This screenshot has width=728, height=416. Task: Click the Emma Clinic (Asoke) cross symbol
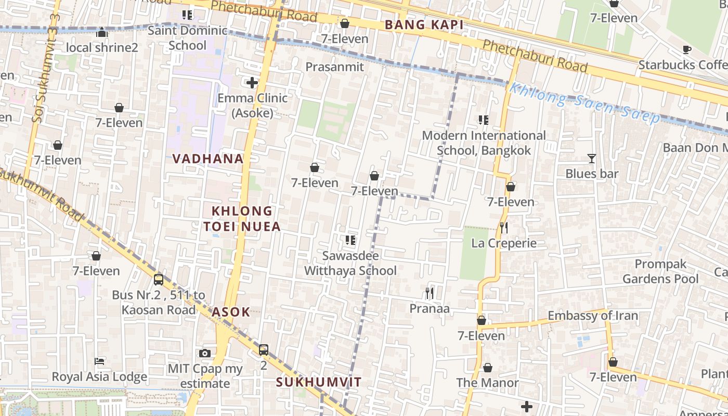[252, 83]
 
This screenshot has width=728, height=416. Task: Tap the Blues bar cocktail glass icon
[591, 159]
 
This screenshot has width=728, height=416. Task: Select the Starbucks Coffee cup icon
[686, 50]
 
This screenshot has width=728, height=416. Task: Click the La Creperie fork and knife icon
[503, 228]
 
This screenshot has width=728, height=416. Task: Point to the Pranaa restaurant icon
[430, 293]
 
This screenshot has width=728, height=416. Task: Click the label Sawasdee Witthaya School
[350, 263]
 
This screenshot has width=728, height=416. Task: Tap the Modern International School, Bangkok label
[484, 143]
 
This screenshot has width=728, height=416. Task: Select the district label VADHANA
[207, 159]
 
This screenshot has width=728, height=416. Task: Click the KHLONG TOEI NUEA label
[242, 218]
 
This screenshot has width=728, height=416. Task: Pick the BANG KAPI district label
[424, 24]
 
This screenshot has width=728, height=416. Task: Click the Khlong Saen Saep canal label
[584, 102]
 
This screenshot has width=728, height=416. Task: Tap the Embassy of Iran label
[592, 316]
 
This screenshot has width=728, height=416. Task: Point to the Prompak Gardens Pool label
[660, 271]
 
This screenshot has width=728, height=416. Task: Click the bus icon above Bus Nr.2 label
[159, 280]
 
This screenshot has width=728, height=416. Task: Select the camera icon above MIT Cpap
[205, 354]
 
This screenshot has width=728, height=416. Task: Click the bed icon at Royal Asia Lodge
[99, 361]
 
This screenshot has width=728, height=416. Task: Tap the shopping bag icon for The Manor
[488, 368]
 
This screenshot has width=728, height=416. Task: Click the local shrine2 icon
[102, 33]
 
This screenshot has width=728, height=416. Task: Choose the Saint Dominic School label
[187, 37]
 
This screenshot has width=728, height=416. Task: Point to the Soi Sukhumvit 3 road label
[46, 68]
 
